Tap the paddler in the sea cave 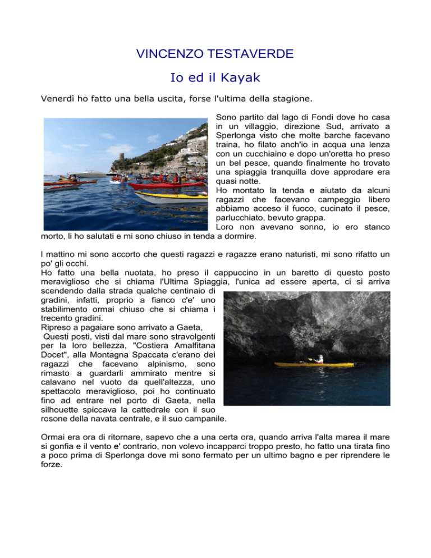coord(319,358)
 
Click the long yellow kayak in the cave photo coord(325,364)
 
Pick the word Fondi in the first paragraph coord(310,122)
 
